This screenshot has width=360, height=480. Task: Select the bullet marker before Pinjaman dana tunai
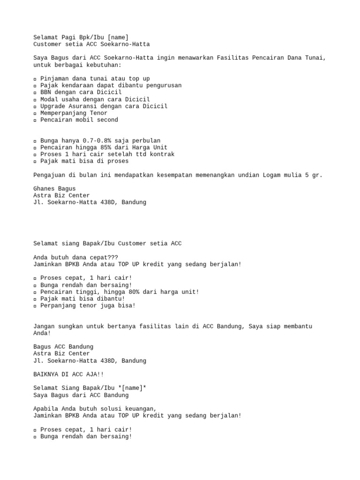coord(35,79)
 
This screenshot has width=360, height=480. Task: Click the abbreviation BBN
coord(45,92)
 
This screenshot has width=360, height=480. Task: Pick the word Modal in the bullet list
coord(49,99)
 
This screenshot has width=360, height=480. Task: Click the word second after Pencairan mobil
coord(107,120)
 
